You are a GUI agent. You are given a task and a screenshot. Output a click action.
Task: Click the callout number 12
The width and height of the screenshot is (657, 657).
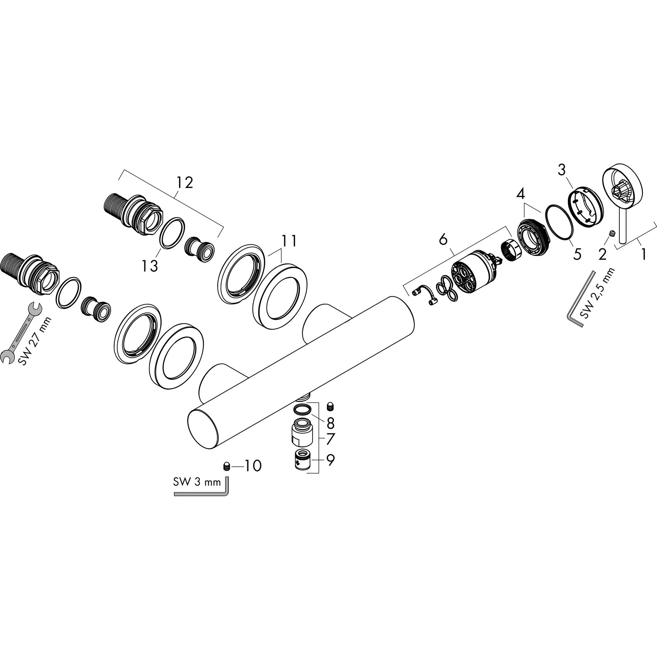(185, 183)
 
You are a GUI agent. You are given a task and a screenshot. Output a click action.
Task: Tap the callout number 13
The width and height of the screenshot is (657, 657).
(150, 266)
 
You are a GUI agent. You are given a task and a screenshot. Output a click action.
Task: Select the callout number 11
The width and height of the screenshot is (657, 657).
(289, 241)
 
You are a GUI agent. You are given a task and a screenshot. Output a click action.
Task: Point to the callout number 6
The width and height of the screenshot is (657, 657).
(443, 240)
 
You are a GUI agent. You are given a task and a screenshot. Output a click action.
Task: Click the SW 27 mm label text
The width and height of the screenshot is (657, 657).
(35, 341)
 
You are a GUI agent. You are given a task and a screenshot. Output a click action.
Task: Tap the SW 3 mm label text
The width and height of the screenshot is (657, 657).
(197, 482)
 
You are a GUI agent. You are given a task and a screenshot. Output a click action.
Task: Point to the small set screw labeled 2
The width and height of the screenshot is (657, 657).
(612, 234)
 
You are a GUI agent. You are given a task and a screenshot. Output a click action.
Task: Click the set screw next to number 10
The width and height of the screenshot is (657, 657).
(227, 466)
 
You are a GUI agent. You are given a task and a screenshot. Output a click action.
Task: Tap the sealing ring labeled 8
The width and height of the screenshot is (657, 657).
(302, 410)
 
